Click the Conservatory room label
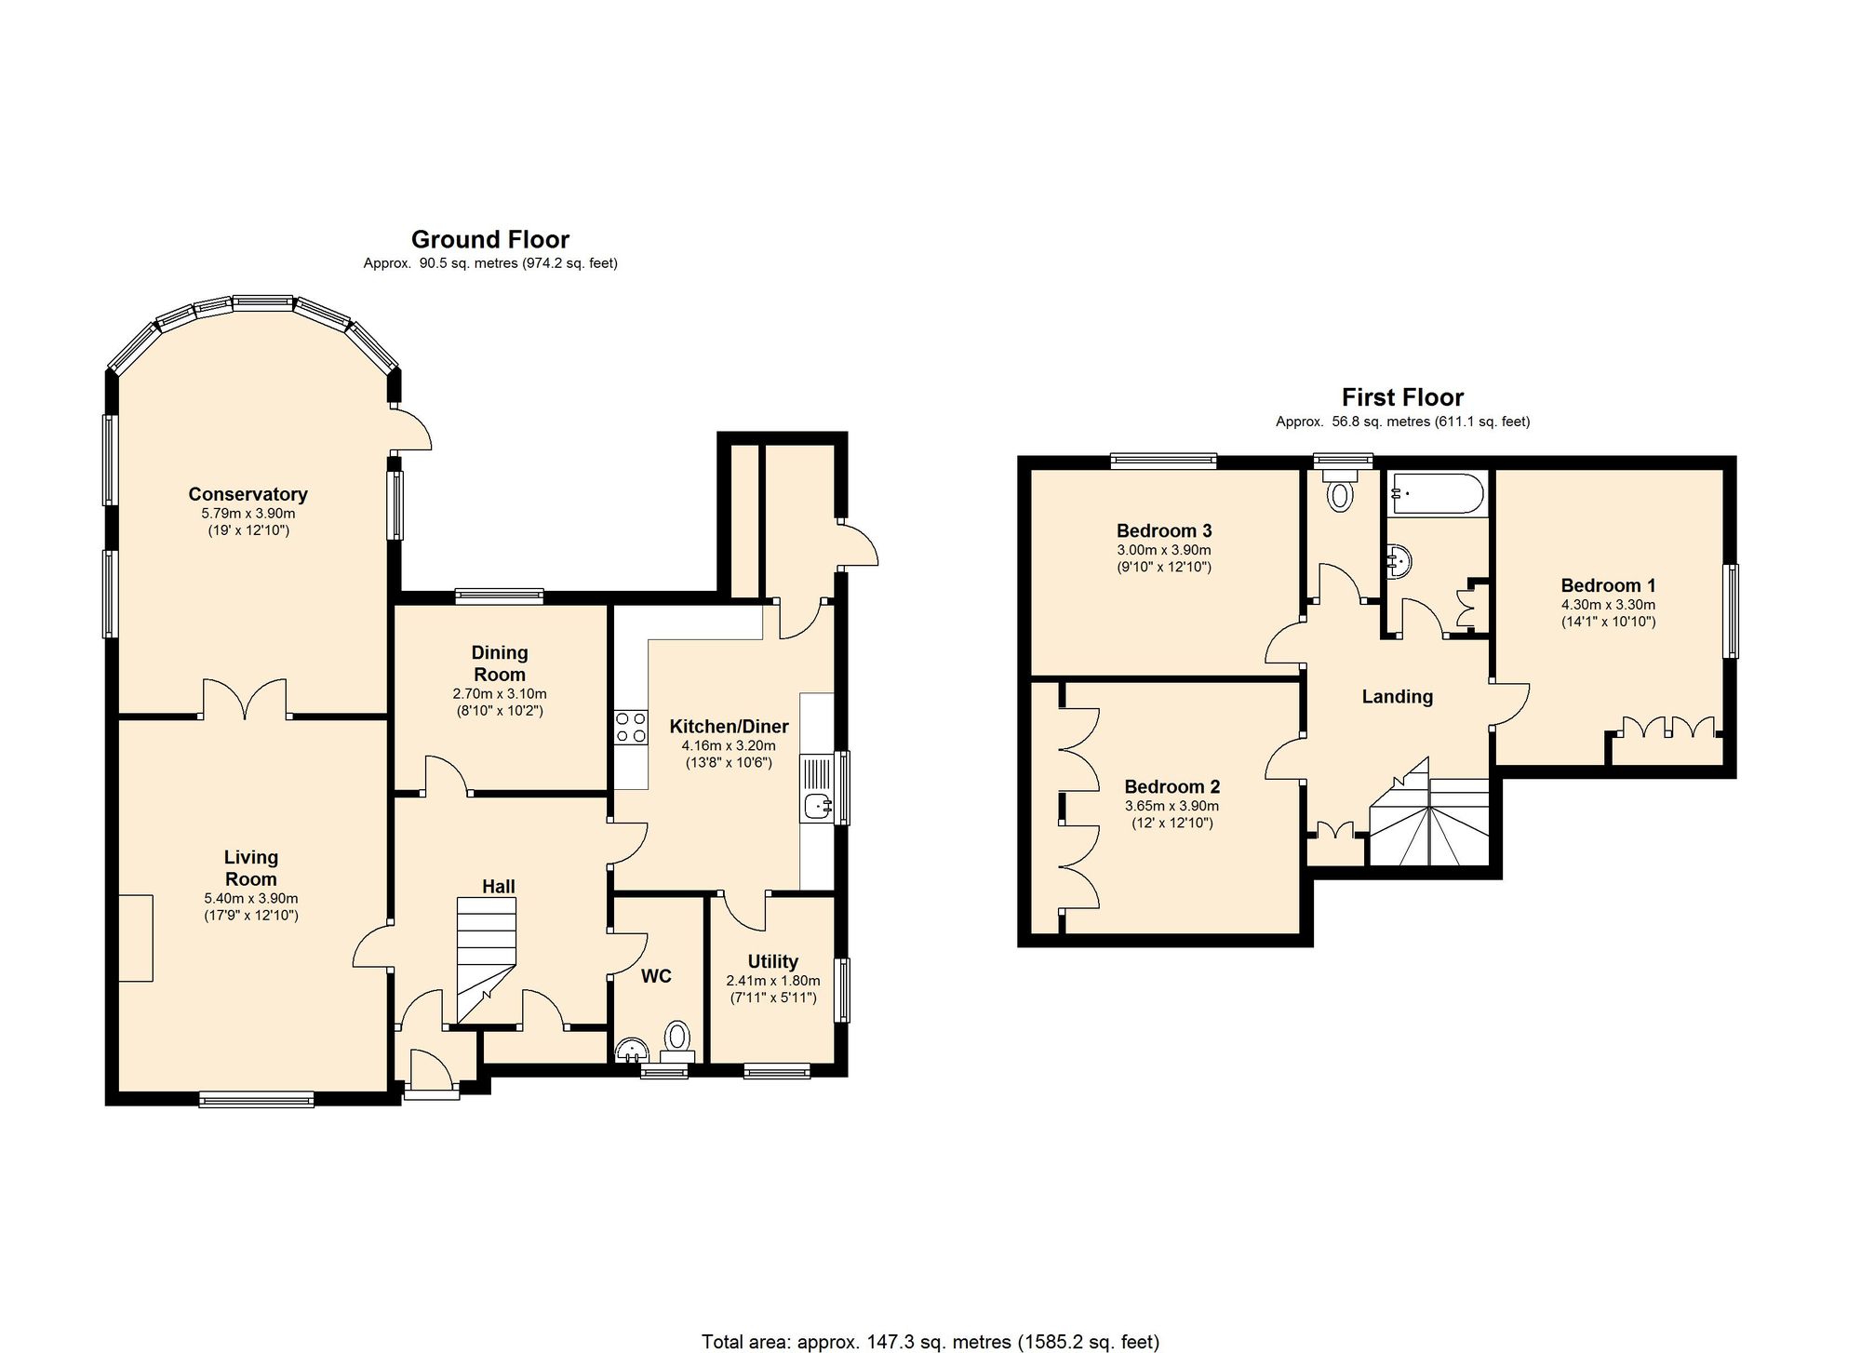(x=248, y=494)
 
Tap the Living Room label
(x=251, y=868)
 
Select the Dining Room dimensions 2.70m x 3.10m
(x=500, y=694)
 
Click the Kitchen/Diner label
(x=729, y=727)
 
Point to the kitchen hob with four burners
(x=631, y=727)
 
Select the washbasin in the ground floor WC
(x=634, y=1050)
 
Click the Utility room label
(x=773, y=961)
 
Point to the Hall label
(x=499, y=887)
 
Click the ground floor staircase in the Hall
(x=486, y=959)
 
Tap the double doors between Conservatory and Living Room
(x=245, y=699)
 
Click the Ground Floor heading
(x=490, y=240)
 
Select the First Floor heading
(x=1402, y=398)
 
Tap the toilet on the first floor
(x=1340, y=490)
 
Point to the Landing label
(x=1397, y=697)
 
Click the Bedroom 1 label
(x=1608, y=585)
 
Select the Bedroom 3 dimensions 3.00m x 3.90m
(x=1164, y=550)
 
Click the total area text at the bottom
(x=930, y=1342)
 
